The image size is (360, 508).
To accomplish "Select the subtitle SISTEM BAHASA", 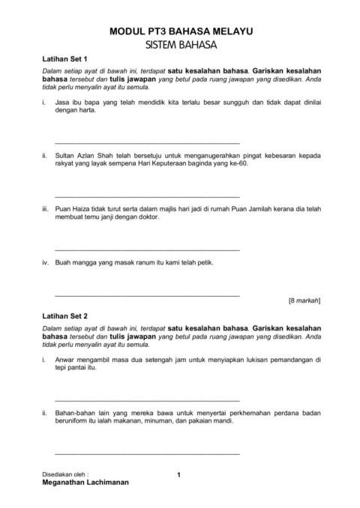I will [x=181, y=46].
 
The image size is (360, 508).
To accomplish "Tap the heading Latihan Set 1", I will [x=64, y=58].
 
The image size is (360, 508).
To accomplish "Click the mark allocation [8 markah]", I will [x=304, y=300].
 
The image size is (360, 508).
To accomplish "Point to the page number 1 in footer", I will [x=179, y=474].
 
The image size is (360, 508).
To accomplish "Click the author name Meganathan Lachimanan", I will [x=85, y=483].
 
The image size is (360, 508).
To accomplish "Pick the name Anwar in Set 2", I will [x=67, y=360].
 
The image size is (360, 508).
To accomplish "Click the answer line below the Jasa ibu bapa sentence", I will [x=147, y=142].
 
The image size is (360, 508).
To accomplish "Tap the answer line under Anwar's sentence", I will [x=147, y=401].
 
